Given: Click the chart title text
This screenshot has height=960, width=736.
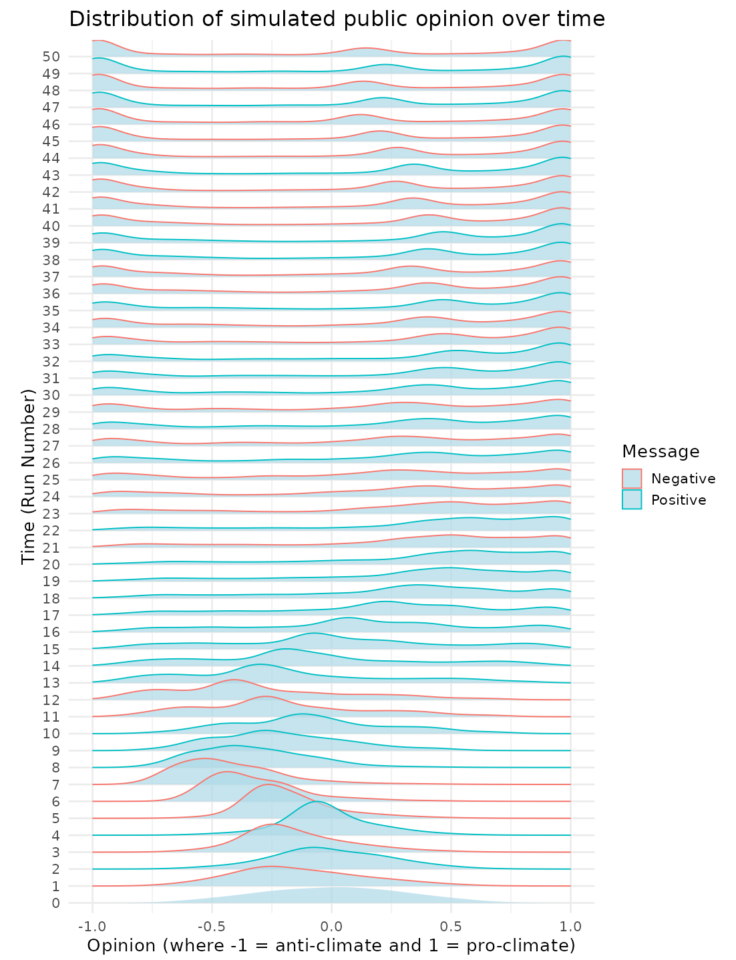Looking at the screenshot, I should pyautogui.click(x=337, y=19).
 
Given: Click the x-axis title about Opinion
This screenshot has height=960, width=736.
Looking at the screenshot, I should pyautogui.click(x=331, y=945).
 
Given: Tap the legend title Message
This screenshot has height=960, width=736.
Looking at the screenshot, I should pyautogui.click(x=660, y=452).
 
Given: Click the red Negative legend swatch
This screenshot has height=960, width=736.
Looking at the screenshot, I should pyautogui.click(x=632, y=479).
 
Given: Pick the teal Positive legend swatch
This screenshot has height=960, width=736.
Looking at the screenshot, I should pyautogui.click(x=632, y=500).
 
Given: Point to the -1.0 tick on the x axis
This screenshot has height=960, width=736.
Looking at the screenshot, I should pyautogui.click(x=91, y=927).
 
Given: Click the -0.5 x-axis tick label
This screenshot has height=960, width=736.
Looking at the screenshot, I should pyautogui.click(x=212, y=927).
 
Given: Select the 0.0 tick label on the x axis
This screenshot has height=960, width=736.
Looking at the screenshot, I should pyautogui.click(x=331, y=927).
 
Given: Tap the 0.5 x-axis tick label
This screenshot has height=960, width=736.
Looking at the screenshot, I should pyautogui.click(x=451, y=927).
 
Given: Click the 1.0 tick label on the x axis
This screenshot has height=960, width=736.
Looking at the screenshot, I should pyautogui.click(x=570, y=927).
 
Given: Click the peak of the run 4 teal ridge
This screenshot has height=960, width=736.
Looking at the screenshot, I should pyautogui.click(x=317, y=802).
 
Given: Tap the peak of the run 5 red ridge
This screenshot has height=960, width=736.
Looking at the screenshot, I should pyautogui.click(x=268, y=784).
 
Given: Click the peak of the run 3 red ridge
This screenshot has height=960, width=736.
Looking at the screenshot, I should pyautogui.click(x=273, y=824).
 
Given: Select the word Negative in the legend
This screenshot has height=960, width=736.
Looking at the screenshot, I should pyautogui.click(x=683, y=479).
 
